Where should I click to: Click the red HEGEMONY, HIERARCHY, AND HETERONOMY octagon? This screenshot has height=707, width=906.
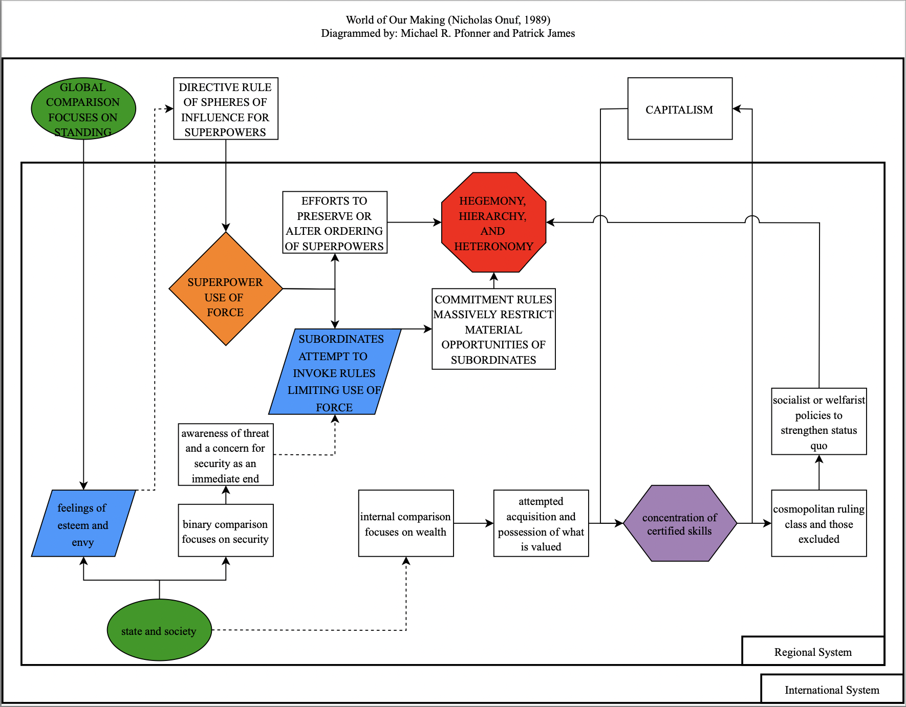click(x=493, y=223)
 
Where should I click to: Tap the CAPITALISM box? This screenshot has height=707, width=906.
click(x=679, y=109)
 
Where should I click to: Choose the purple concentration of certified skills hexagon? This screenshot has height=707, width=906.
click(x=679, y=523)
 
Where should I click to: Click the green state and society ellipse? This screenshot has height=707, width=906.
click(x=159, y=630)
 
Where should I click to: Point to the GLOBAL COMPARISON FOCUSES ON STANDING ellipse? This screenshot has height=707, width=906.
click(x=83, y=109)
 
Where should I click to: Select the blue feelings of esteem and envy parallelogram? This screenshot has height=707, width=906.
click(x=83, y=524)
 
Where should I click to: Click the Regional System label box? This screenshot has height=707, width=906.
click(x=813, y=651)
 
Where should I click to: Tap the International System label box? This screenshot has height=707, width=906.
click(x=832, y=690)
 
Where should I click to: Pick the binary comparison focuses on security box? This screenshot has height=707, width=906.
click(x=225, y=531)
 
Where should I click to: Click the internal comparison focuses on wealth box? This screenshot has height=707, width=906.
click(x=405, y=524)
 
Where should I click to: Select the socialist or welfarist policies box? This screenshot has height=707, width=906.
click(x=818, y=422)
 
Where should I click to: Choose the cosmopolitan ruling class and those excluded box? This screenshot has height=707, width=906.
click(x=818, y=523)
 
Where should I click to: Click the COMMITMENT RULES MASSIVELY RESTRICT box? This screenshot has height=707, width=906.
click(x=493, y=329)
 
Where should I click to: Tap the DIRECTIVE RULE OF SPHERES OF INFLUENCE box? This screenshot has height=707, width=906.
click(x=225, y=109)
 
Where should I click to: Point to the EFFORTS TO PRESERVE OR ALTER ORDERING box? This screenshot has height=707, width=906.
click(x=334, y=223)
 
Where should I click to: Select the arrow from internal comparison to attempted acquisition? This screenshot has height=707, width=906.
click(x=473, y=523)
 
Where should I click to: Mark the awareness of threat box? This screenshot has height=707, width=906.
click(x=225, y=455)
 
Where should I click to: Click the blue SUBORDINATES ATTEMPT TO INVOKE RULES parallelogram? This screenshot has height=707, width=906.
click(x=334, y=372)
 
